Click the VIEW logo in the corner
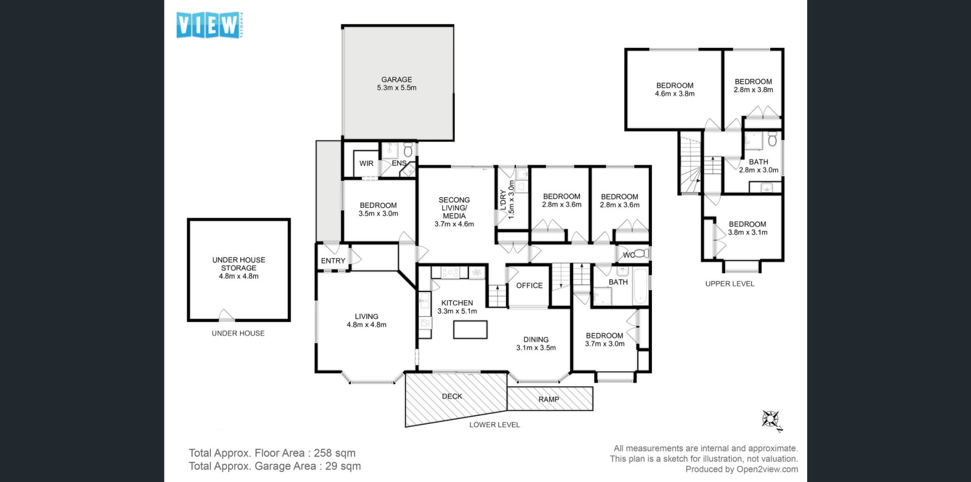(x=209, y=25)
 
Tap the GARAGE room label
(x=396, y=79)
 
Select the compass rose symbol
(x=772, y=421)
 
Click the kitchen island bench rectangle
(x=470, y=329)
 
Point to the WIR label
(x=366, y=163)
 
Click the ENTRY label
(x=333, y=260)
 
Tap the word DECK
(x=452, y=396)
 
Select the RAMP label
(x=549, y=399)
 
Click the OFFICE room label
(x=529, y=285)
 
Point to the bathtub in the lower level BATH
(x=640, y=286)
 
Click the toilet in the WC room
(x=641, y=253)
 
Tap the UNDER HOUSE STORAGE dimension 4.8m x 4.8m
(x=239, y=276)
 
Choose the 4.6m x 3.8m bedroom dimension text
(x=675, y=94)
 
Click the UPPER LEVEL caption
(x=730, y=284)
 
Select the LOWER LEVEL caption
(x=495, y=425)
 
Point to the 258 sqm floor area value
(x=334, y=453)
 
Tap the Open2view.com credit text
(x=767, y=469)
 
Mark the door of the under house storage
(x=226, y=315)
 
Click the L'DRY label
(x=503, y=200)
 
